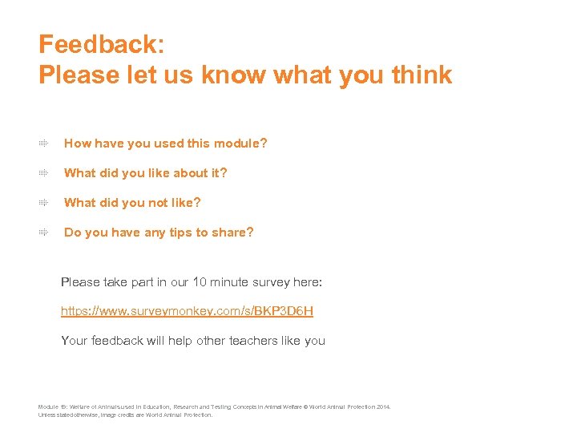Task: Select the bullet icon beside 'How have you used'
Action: point(45,144)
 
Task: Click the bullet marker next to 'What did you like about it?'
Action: point(45,173)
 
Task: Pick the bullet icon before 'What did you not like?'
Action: point(45,203)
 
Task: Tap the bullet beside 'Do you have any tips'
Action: point(45,233)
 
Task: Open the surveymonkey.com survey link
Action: point(187,310)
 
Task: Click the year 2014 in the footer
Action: point(382,407)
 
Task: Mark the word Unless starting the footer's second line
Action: point(48,415)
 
